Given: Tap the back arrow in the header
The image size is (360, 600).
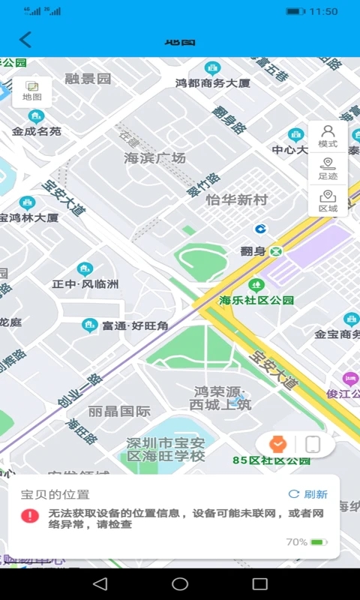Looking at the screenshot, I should (x=25, y=40).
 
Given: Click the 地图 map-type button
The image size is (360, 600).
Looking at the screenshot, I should (x=32, y=91).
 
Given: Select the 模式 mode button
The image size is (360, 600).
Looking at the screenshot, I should (x=328, y=136).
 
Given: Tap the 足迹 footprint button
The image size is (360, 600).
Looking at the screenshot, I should (x=328, y=169).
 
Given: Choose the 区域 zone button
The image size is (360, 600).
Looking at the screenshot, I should (x=328, y=201).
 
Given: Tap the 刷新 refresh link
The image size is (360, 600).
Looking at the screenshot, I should (x=308, y=494).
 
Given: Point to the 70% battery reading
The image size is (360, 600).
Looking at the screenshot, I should (x=297, y=541).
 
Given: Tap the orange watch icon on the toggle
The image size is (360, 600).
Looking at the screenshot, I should (x=278, y=445).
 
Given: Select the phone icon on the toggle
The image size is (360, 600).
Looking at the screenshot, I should (x=313, y=445).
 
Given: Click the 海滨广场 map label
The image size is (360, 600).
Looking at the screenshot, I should (x=154, y=158).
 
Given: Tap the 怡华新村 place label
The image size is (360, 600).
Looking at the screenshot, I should (x=236, y=200).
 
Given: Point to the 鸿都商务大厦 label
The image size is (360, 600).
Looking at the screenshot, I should (x=212, y=83).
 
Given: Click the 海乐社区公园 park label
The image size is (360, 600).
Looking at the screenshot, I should (x=256, y=300).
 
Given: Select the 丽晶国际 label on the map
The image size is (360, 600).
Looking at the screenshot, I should (x=119, y=411).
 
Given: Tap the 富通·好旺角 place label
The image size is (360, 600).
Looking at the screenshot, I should (x=135, y=325).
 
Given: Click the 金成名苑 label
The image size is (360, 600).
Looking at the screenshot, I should (x=36, y=131).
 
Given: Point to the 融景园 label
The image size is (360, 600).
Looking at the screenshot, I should (x=88, y=78).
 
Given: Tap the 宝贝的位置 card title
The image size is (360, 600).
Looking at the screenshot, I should (x=55, y=494).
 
